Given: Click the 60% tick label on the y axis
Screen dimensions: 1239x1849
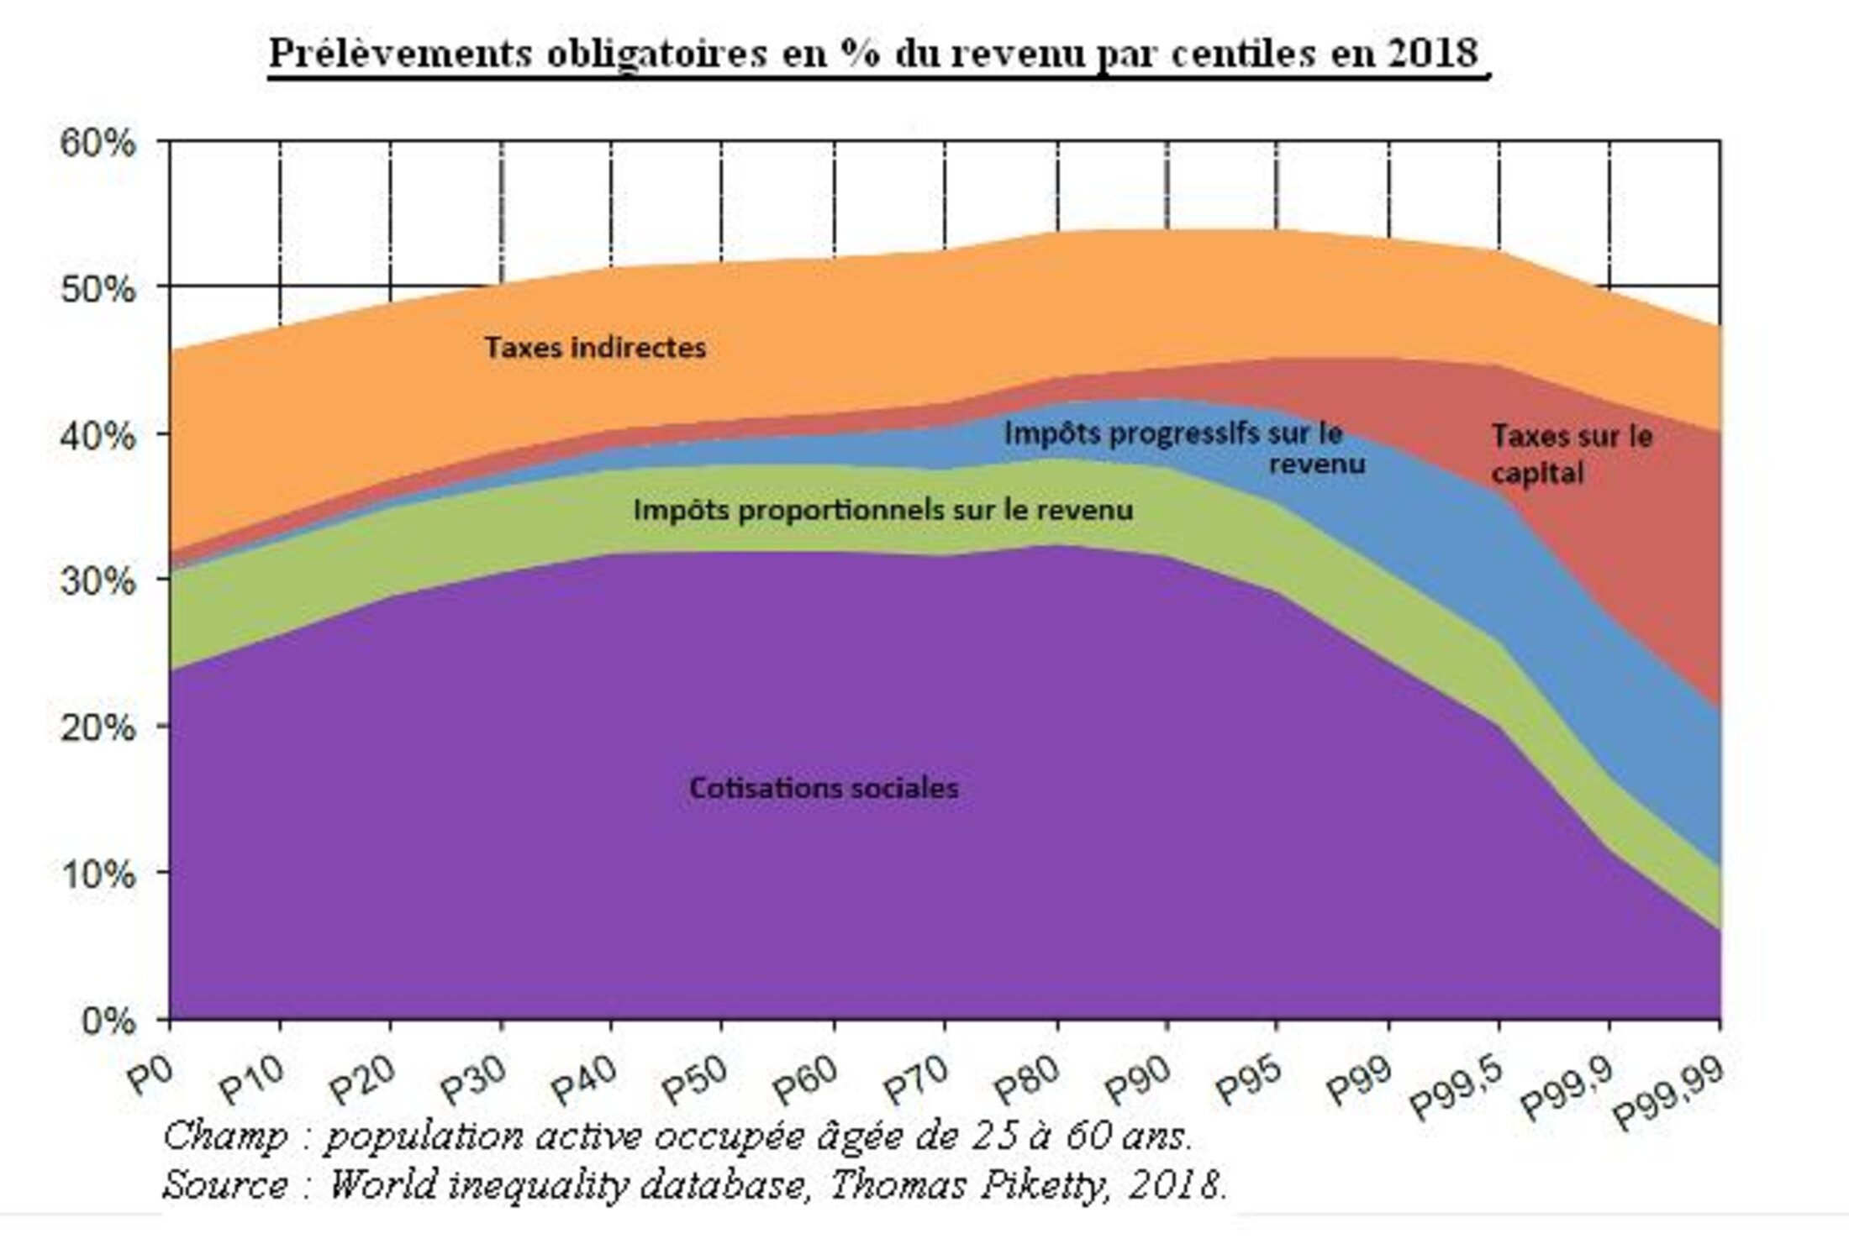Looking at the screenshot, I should [x=97, y=142].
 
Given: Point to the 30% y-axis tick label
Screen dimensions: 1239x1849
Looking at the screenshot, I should [x=97, y=580].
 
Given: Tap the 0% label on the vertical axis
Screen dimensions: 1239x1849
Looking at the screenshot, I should [x=108, y=1021].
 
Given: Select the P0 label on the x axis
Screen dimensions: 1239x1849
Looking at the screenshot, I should [x=151, y=1075].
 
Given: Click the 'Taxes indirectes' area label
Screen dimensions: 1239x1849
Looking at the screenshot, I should [x=595, y=348].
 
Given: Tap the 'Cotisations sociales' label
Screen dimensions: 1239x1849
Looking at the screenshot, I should [x=824, y=788].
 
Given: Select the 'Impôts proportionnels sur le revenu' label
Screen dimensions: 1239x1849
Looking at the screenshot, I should [x=882, y=510].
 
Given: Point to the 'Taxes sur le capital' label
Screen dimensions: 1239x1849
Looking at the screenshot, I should [x=1571, y=454].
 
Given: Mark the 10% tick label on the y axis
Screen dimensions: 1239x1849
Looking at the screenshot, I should [x=97, y=874].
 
